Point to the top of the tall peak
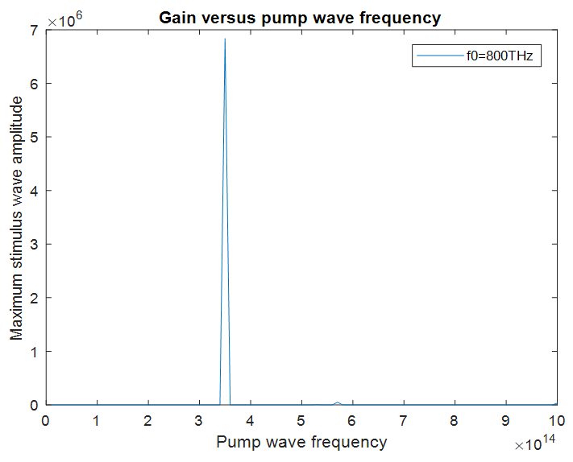tap(225, 39)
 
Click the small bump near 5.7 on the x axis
tap(338, 402)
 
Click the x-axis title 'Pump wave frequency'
tap(301, 442)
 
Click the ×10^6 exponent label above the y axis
tap(67, 20)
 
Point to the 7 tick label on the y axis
tap(35, 30)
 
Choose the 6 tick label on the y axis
tap(35, 84)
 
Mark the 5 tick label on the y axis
tap(35, 137)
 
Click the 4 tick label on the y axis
tap(35, 191)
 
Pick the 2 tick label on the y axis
tap(35, 298)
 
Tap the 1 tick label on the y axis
tap(35, 352)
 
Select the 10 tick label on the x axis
tap(557, 421)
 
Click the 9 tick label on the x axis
tap(506, 421)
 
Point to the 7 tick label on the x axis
tap(404, 421)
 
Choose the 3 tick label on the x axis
tap(199, 421)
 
